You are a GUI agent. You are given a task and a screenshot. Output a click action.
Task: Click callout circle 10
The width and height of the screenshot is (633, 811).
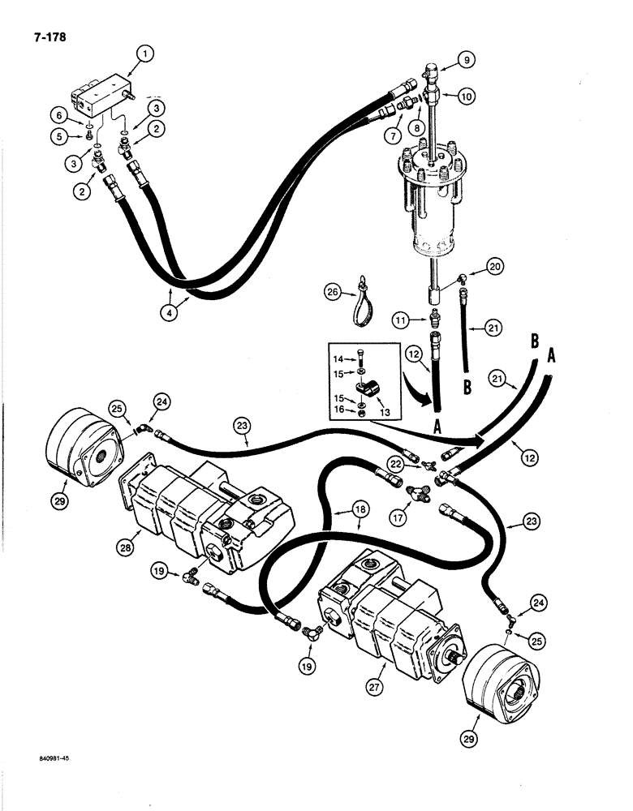tap(466, 96)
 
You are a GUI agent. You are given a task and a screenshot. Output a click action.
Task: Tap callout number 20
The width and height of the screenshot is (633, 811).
tap(495, 267)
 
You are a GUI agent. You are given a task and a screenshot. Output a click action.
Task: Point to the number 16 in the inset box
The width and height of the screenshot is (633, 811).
tap(339, 410)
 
